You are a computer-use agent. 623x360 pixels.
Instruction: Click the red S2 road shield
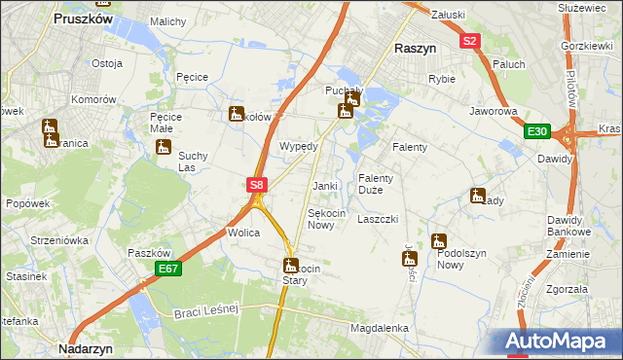pos(470,41)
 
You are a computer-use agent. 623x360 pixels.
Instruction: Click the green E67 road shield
pos(167,269)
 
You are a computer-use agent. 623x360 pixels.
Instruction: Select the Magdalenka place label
pos(379,329)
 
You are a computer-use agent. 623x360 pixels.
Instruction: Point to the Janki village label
pos(324,186)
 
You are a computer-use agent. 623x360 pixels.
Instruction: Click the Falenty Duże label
pos(376,184)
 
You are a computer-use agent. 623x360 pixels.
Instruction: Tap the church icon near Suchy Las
pos(164,148)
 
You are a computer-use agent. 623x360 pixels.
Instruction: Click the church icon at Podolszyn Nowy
pos(440,240)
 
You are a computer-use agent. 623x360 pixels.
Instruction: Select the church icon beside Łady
pos(477,196)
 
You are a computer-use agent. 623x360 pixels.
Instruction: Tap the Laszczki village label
pos(378,219)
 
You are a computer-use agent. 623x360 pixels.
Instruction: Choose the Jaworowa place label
pos(494,112)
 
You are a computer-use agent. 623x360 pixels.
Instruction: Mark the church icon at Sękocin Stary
pos(289,265)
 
